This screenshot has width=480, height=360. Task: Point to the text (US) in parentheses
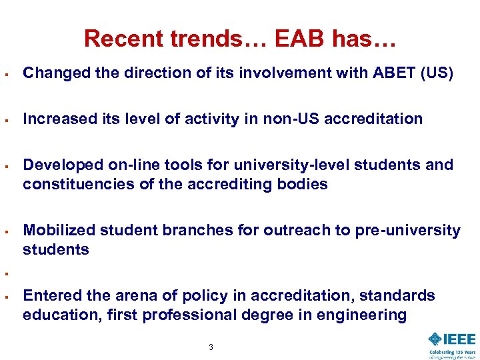pyautogui.click(x=437, y=73)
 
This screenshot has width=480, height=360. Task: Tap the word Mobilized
pyautogui.click(x=59, y=231)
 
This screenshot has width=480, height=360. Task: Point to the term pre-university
pyautogui.click(x=399, y=231)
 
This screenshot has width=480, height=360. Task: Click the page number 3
pyautogui.click(x=211, y=347)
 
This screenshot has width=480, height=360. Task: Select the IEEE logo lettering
pyautogui.click(x=445, y=339)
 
